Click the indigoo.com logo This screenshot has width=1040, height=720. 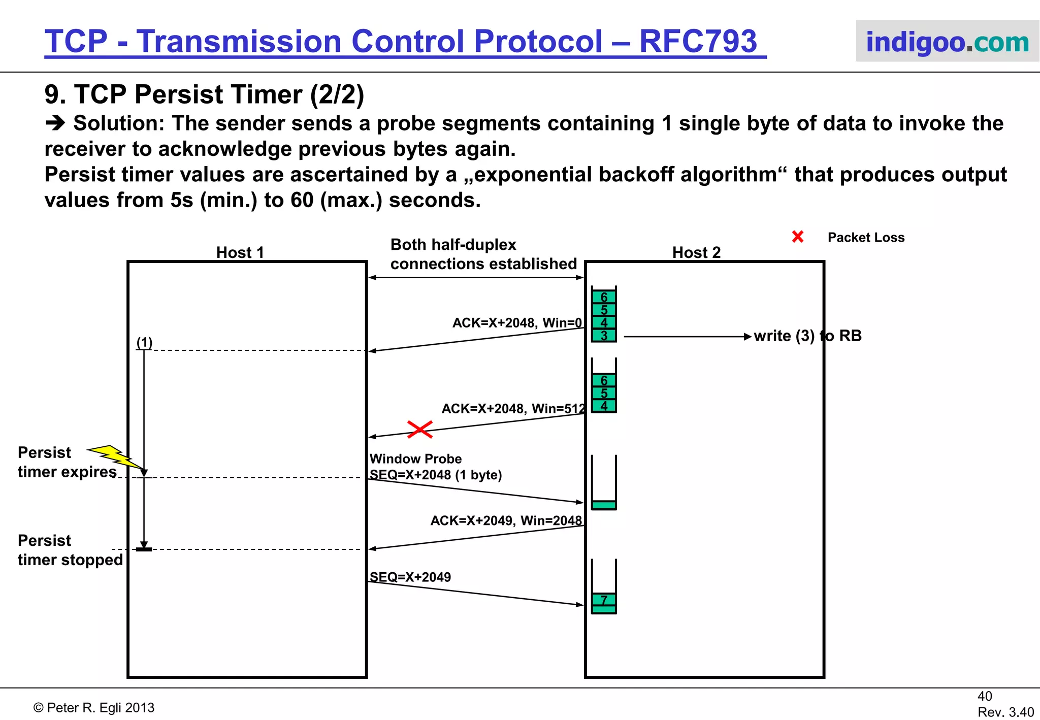point(947,42)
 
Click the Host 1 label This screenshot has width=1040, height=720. point(240,252)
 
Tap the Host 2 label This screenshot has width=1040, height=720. point(696,252)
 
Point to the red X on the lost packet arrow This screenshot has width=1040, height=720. point(420,429)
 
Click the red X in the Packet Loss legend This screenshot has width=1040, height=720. point(798,237)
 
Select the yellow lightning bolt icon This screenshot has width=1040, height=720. point(115,456)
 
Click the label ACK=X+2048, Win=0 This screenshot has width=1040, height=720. point(517,323)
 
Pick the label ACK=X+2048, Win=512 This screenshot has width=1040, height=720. point(513,409)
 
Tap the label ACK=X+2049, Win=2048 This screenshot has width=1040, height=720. point(506,520)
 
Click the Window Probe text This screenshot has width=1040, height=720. point(415,459)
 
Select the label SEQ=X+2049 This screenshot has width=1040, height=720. point(410,577)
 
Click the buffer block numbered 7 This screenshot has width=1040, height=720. point(604,600)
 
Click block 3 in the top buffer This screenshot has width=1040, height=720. point(604,336)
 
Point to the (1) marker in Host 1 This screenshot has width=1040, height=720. point(144,343)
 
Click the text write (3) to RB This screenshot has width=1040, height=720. point(807,336)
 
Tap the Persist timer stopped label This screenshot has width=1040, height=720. point(70,550)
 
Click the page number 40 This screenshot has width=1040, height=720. point(985,696)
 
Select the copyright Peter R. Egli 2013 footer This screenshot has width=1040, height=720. point(94,708)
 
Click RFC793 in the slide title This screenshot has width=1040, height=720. point(698,41)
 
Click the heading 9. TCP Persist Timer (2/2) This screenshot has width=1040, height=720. point(204,94)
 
